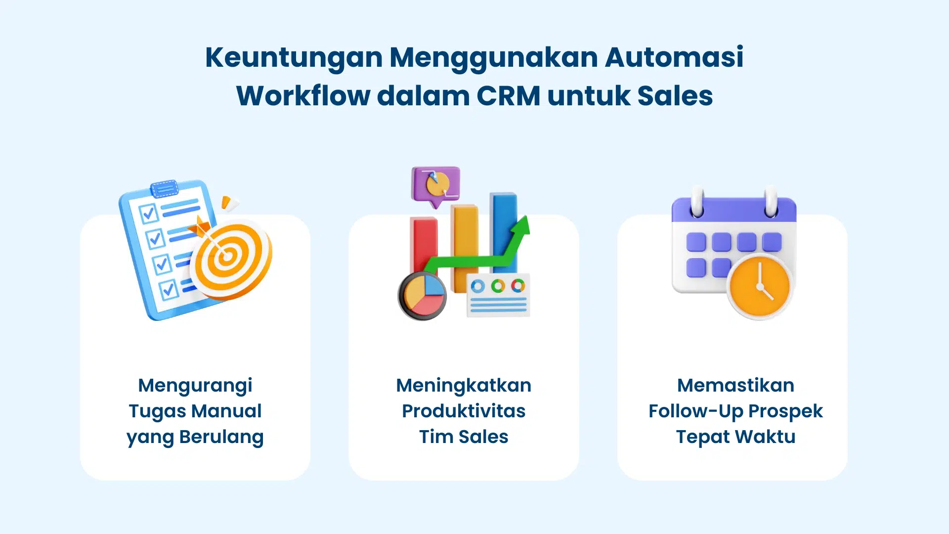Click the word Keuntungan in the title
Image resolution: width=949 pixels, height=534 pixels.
294,57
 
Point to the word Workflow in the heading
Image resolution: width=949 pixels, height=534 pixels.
303,96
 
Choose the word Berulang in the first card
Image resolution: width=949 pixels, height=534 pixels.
221,437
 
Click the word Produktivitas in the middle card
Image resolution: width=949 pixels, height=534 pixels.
464,411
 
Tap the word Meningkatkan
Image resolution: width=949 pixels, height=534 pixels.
464,386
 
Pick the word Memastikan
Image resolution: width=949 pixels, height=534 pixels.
735,386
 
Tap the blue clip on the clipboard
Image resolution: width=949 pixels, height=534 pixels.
164,188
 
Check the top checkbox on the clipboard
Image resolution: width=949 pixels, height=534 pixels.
148,214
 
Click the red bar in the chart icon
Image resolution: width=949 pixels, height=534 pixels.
423,242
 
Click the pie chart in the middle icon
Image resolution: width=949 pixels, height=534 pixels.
423,296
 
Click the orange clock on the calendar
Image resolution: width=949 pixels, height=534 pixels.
759,287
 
